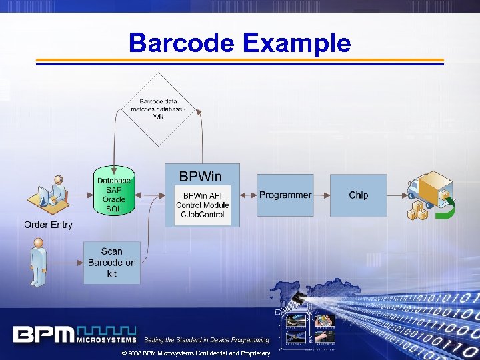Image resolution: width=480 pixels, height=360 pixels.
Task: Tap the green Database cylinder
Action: pos(114,193)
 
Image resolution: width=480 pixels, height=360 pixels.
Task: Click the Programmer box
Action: pos(285,195)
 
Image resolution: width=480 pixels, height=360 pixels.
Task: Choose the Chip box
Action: pos(358,195)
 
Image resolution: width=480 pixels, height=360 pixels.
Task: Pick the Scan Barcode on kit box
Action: pos(112,262)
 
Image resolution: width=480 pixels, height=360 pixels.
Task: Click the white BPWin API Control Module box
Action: pos(202,205)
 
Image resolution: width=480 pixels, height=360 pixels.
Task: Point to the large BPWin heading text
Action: pos(200,176)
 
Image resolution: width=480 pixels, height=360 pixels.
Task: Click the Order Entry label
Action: pos(48,225)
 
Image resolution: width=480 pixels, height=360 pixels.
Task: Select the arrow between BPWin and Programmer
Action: pos(248,195)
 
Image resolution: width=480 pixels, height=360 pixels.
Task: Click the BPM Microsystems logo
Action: pos(74,334)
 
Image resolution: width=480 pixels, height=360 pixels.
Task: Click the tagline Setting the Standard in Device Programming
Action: pos(207,340)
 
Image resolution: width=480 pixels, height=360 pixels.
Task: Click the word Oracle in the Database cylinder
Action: pos(114,199)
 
